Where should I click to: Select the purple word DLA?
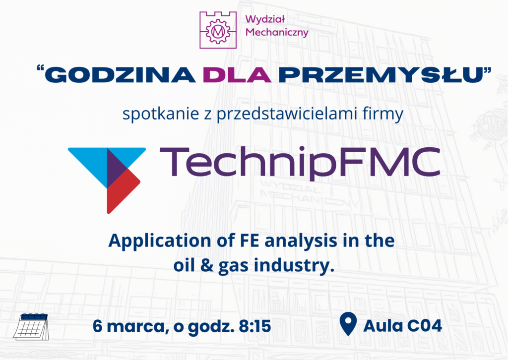click(x=237, y=75)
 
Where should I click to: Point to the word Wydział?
click(x=267, y=20)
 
